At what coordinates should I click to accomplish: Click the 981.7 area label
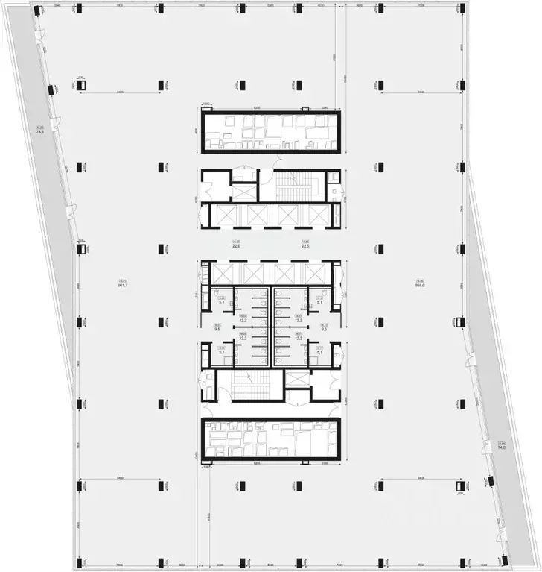[120, 284]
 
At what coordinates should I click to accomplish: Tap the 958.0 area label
[419, 284]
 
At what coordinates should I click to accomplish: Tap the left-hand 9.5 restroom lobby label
[217, 327]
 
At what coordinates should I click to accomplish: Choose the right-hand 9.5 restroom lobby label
[325, 327]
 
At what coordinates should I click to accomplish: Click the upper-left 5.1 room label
[222, 302]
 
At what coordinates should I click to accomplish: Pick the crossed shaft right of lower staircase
[298, 378]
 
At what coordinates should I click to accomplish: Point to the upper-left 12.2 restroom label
[242, 318]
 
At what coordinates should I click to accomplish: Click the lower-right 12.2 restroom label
[299, 338]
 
